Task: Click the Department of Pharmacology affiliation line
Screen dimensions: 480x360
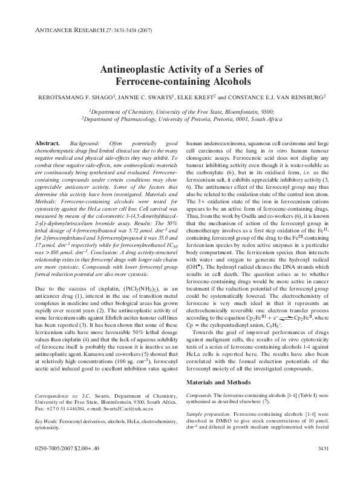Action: tap(180, 120)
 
